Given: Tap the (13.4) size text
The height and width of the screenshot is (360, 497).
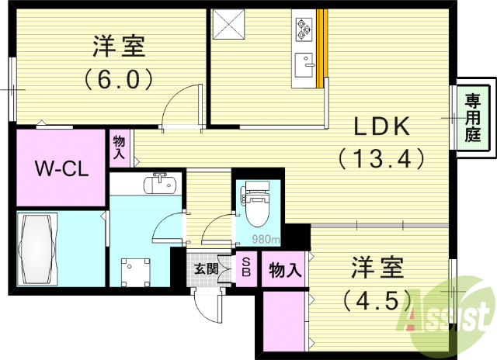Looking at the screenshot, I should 382,158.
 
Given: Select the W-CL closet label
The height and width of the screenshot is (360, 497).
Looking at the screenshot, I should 59,168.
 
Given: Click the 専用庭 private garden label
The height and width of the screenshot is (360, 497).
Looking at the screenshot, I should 473,117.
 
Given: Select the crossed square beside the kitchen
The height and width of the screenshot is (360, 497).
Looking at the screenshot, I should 229,24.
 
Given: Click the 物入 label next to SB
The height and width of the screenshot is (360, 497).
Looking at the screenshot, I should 285,270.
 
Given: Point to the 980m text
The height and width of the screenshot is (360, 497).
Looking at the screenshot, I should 266,238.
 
